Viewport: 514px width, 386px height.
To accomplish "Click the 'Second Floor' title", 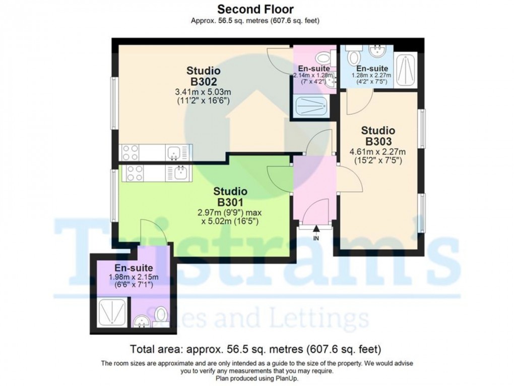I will tap(255, 9).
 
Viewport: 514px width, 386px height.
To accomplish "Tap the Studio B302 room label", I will tap(203, 76).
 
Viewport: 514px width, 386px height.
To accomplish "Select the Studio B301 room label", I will tap(230, 197).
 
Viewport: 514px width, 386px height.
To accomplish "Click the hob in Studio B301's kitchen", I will tap(135, 173).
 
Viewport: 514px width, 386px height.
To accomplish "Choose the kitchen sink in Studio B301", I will tap(180, 173).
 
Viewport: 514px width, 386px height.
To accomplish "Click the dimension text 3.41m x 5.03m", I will tap(203, 92).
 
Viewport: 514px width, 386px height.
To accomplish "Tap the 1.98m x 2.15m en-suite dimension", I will tap(130, 277).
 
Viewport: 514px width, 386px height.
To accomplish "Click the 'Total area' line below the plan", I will tap(255, 349).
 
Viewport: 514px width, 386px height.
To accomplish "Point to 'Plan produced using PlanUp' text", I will tap(255, 378).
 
